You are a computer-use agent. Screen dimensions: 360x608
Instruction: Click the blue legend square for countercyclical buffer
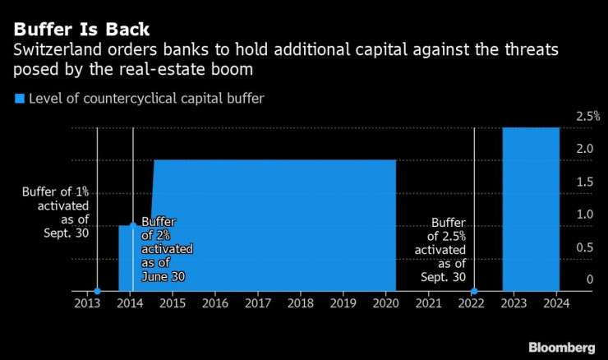(20, 99)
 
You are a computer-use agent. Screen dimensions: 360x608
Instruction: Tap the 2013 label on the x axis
(87, 303)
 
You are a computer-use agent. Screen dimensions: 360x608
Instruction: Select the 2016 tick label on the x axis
(215, 303)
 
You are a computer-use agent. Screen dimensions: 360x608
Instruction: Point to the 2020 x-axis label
(385, 303)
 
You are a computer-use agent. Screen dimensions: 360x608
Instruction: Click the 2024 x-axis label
(555, 303)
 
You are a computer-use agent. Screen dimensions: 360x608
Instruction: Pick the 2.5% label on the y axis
(588, 117)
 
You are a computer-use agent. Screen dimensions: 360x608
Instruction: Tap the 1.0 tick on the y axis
(585, 215)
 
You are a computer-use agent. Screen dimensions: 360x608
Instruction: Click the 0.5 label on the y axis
(585, 247)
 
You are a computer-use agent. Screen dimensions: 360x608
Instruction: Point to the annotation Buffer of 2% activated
(167, 249)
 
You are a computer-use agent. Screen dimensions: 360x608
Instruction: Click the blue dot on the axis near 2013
(98, 291)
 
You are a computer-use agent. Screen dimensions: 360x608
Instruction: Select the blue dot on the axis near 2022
(474, 291)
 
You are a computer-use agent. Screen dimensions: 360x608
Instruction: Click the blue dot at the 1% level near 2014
(132, 225)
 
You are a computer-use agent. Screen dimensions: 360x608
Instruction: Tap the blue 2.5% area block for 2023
(531, 210)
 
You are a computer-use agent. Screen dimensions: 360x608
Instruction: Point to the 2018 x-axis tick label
(300, 303)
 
